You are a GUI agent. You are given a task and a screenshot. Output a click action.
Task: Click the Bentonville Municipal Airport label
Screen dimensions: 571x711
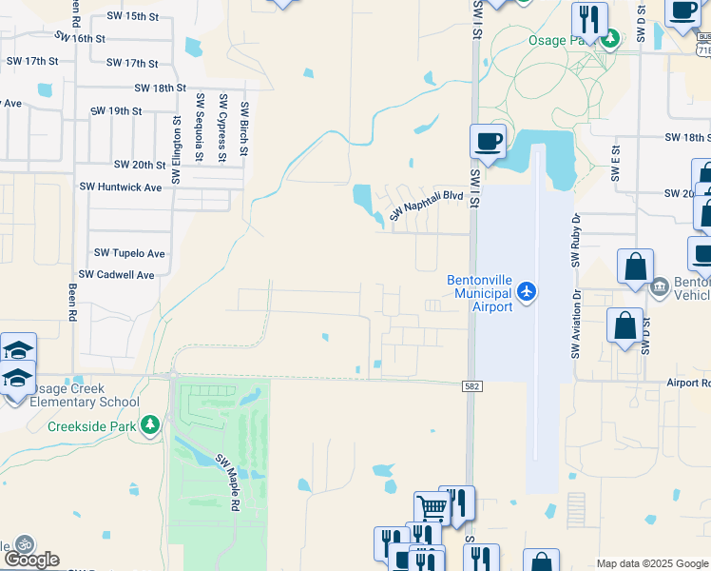[480, 293]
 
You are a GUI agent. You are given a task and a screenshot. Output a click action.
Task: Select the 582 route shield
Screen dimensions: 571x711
[471, 385]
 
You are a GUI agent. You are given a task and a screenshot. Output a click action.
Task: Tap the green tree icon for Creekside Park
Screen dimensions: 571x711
[150, 424]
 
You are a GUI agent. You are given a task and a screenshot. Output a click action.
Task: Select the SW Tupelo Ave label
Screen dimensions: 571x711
[129, 254]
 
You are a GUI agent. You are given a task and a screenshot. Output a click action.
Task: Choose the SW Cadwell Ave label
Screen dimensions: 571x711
[116, 275]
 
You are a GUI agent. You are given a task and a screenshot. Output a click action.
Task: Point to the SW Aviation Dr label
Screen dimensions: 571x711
[575, 325]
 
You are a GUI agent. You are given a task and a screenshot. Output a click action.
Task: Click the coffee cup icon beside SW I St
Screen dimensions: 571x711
[488, 143]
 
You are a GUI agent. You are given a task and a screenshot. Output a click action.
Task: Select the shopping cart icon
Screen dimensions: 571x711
[432, 508]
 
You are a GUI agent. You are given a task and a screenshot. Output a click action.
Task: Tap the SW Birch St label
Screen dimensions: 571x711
[244, 128]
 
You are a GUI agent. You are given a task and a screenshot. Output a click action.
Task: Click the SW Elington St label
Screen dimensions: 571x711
[177, 149]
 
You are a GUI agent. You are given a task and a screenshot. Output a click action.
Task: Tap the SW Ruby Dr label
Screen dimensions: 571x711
[576, 236]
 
